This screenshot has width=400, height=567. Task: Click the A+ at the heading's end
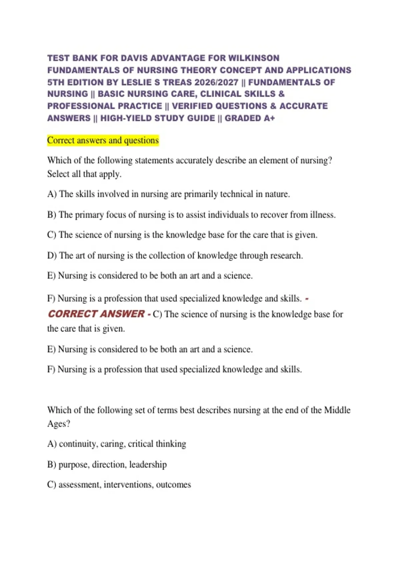click(x=268, y=118)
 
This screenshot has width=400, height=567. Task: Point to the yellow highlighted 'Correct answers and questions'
click(x=103, y=140)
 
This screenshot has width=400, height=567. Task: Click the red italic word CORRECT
click(x=73, y=314)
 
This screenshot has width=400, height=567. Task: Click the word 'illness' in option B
click(x=322, y=214)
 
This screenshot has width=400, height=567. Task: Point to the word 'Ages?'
click(x=59, y=424)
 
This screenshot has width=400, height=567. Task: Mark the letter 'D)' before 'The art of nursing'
click(x=52, y=255)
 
